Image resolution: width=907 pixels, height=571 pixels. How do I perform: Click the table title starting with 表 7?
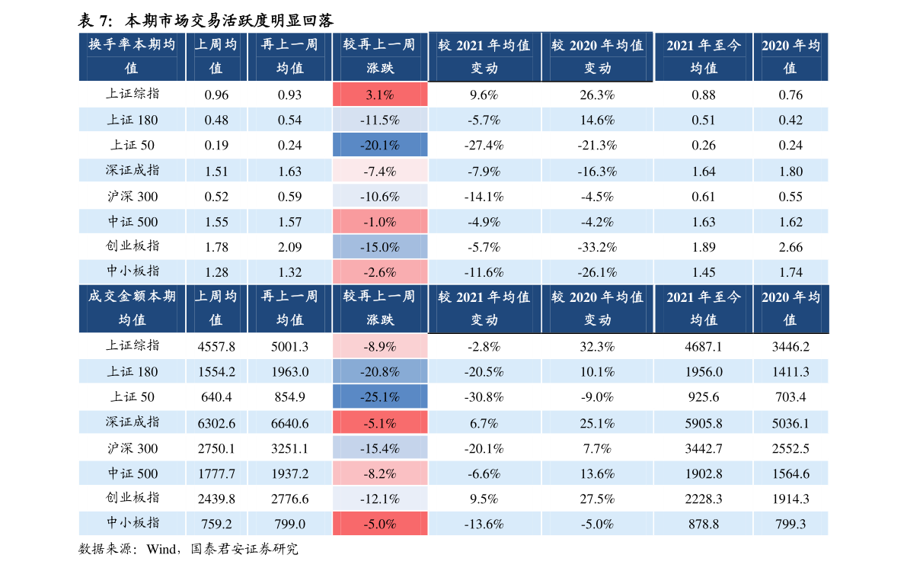pyautogui.click(x=206, y=21)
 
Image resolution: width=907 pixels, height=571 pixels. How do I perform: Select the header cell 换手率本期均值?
pyautogui.click(x=132, y=56)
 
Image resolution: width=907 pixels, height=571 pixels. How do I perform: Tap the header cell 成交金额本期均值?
pyautogui.click(x=132, y=308)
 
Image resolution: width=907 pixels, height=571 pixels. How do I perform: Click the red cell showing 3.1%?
pyautogui.click(x=380, y=95)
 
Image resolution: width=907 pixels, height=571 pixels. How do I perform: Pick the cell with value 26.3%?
pyautogui.click(x=598, y=95)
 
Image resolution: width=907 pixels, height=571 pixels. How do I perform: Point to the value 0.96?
pyautogui.click(x=216, y=95)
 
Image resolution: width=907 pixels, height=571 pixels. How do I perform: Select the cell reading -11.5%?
pyautogui.click(x=380, y=120)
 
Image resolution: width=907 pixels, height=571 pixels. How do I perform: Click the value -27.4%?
pyautogui.click(x=484, y=146)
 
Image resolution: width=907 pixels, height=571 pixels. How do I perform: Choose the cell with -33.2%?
pyautogui.click(x=598, y=247)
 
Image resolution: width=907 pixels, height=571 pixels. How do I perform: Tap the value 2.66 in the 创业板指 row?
pyautogui.click(x=790, y=247)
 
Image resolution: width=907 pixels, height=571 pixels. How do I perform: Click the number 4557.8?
pyautogui.click(x=216, y=347)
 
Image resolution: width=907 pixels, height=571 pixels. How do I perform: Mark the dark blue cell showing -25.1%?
pyautogui.click(x=380, y=396)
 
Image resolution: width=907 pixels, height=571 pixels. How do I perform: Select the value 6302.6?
pyautogui.click(x=216, y=423)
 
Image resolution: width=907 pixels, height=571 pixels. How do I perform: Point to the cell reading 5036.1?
pyautogui.click(x=790, y=423)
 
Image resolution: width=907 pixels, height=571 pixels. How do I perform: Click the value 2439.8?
pyautogui.click(x=216, y=499)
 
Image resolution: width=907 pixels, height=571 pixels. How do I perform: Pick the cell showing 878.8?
pyautogui.click(x=704, y=524)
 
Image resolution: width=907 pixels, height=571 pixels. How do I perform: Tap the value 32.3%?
pyautogui.click(x=598, y=347)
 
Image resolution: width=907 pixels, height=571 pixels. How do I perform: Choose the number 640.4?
pyautogui.click(x=216, y=396)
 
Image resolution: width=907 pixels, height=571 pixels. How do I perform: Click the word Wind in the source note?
pyautogui.click(x=161, y=549)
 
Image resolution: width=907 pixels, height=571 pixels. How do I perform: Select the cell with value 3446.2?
pyautogui.click(x=790, y=347)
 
